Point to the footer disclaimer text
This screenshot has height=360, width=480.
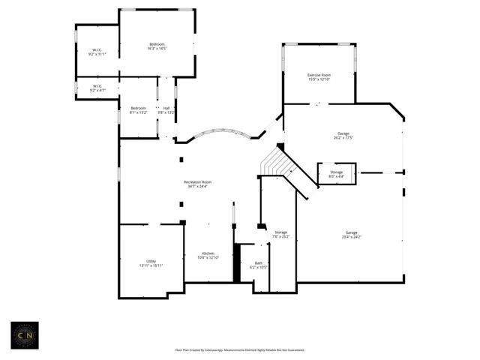click(240, 349)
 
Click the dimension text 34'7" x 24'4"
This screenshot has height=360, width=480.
click(198, 186)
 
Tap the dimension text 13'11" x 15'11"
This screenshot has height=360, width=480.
click(151, 265)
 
